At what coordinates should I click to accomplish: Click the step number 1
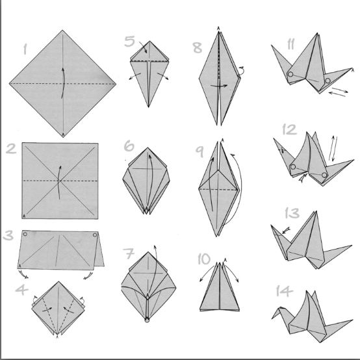click(25, 49)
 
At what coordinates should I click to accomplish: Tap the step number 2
click(11, 149)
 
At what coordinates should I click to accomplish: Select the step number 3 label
click(8, 235)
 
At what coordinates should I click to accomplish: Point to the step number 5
click(130, 42)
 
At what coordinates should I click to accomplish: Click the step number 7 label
click(129, 253)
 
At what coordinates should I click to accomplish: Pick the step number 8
click(197, 47)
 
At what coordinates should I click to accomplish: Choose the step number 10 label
click(204, 259)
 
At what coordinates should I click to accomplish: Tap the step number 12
click(290, 130)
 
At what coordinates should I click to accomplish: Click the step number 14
click(285, 291)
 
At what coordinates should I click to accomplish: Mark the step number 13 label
click(292, 213)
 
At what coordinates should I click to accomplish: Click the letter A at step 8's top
click(218, 28)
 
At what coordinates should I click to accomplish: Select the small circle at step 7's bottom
click(147, 320)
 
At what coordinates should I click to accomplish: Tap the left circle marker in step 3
click(25, 234)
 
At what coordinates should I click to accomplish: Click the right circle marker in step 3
click(95, 235)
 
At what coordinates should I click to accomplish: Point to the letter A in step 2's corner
click(24, 216)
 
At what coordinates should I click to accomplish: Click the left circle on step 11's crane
click(290, 74)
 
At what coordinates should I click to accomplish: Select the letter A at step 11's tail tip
click(353, 70)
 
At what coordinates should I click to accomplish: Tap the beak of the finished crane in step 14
click(272, 318)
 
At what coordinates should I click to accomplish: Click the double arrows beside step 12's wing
click(333, 149)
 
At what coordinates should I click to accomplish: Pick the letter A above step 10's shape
click(225, 260)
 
